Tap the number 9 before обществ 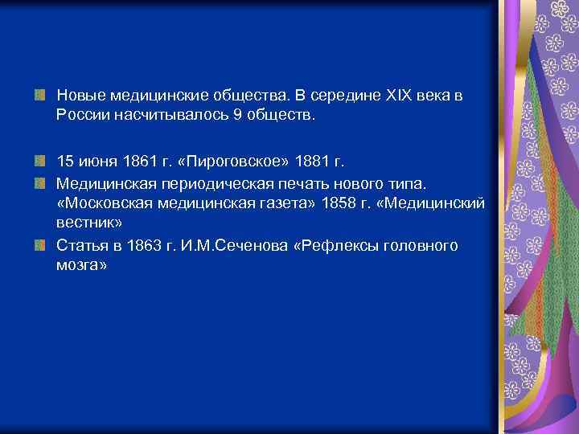(x=236, y=116)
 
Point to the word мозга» (x=81, y=266)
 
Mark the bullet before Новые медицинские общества (x=39, y=96)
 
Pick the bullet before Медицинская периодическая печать (x=39, y=182)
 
